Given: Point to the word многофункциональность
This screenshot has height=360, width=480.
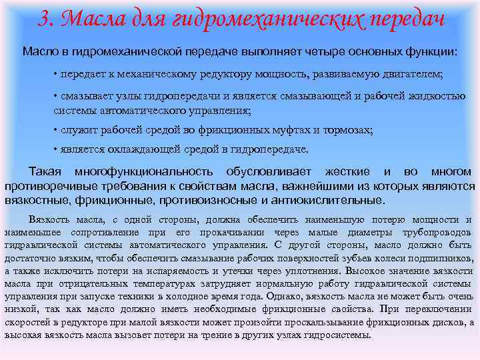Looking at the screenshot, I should [x=144, y=172].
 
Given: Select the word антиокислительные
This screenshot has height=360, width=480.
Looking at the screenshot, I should [x=332, y=199].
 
